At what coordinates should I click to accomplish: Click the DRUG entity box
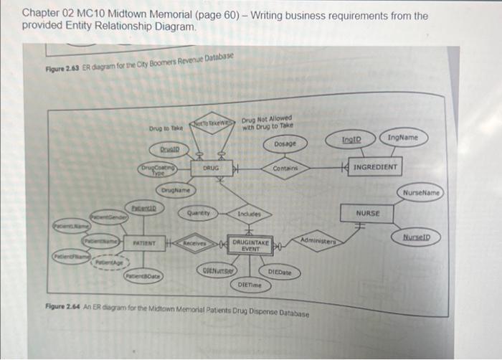[210, 168]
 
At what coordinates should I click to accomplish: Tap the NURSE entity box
[368, 213]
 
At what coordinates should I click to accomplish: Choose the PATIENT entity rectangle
[146, 243]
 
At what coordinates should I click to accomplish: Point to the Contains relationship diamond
[289, 168]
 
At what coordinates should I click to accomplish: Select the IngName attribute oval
[404, 136]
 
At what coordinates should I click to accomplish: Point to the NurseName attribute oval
[420, 193]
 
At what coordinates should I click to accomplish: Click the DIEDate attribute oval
[280, 272]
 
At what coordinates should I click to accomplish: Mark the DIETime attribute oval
[250, 285]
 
